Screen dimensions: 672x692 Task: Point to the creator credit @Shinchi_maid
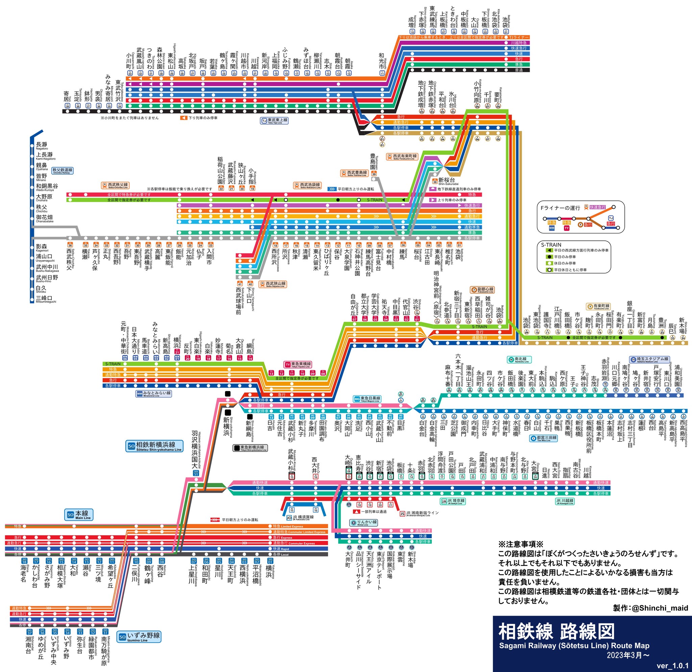651,608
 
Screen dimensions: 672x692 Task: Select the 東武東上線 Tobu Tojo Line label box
274,121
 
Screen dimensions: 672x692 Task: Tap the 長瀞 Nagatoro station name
42,145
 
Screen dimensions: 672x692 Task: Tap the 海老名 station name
23,575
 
